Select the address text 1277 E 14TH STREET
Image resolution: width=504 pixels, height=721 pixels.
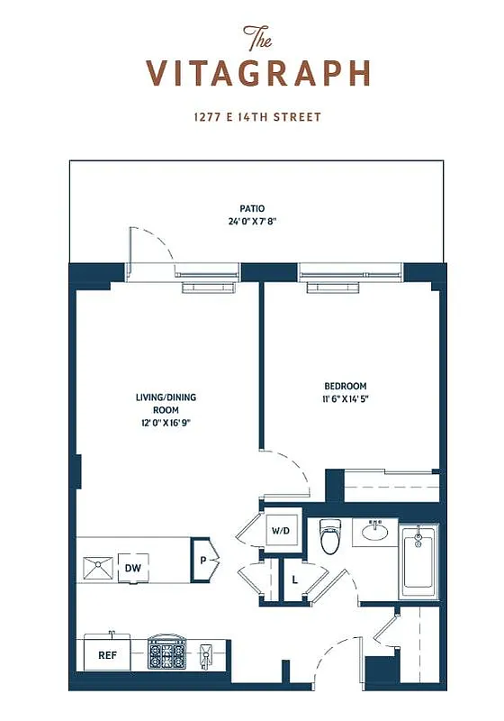pyautogui.click(x=256, y=117)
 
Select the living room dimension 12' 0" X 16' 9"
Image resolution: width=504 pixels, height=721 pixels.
pyautogui.click(x=166, y=422)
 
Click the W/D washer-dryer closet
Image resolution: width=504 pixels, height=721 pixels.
pyautogui.click(x=280, y=532)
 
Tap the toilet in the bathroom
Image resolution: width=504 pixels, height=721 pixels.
pyautogui.click(x=330, y=538)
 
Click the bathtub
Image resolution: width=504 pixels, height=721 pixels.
pyautogui.click(x=418, y=561)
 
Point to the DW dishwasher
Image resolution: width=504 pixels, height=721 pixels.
pyautogui.click(x=132, y=568)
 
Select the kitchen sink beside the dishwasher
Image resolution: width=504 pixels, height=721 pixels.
pyautogui.click(x=95, y=568)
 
